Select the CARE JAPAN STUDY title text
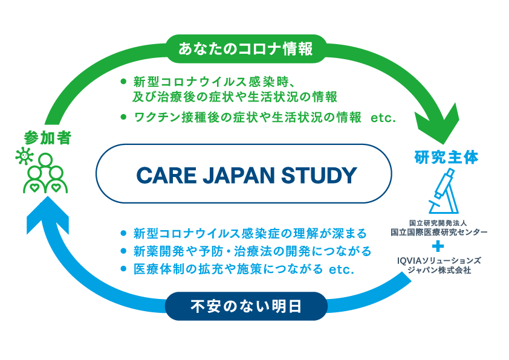click(246, 175)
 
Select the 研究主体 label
click(446, 158)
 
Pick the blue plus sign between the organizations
click(439, 246)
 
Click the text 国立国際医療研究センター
click(439, 232)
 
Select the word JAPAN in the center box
click(229, 175)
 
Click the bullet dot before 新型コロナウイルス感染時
click(123, 80)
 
